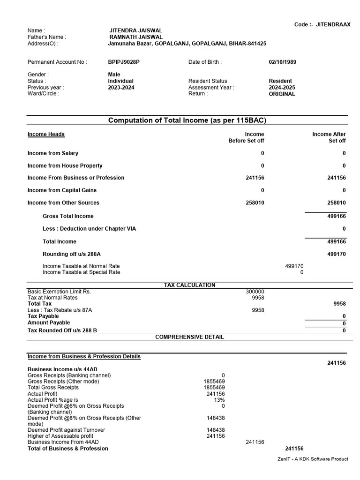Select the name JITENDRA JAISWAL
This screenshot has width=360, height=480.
[135, 30]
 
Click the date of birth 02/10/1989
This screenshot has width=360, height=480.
[282, 62]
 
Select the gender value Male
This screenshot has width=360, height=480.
[114, 75]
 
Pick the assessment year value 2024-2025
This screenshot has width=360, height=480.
[282, 87]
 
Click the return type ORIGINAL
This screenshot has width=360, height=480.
[282, 94]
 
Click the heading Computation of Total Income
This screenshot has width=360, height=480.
[187, 120]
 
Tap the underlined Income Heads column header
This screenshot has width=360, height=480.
[46, 135]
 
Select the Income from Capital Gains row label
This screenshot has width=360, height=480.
[62, 190]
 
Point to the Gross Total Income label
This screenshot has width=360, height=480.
[68, 216]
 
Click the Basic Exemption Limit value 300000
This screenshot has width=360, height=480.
[255, 291]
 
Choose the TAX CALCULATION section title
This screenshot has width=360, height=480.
[189, 285]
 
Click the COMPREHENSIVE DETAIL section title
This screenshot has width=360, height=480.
[189, 337]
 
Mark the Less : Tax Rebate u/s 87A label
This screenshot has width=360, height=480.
[60, 310]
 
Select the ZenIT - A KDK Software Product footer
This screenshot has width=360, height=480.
[313, 459]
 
